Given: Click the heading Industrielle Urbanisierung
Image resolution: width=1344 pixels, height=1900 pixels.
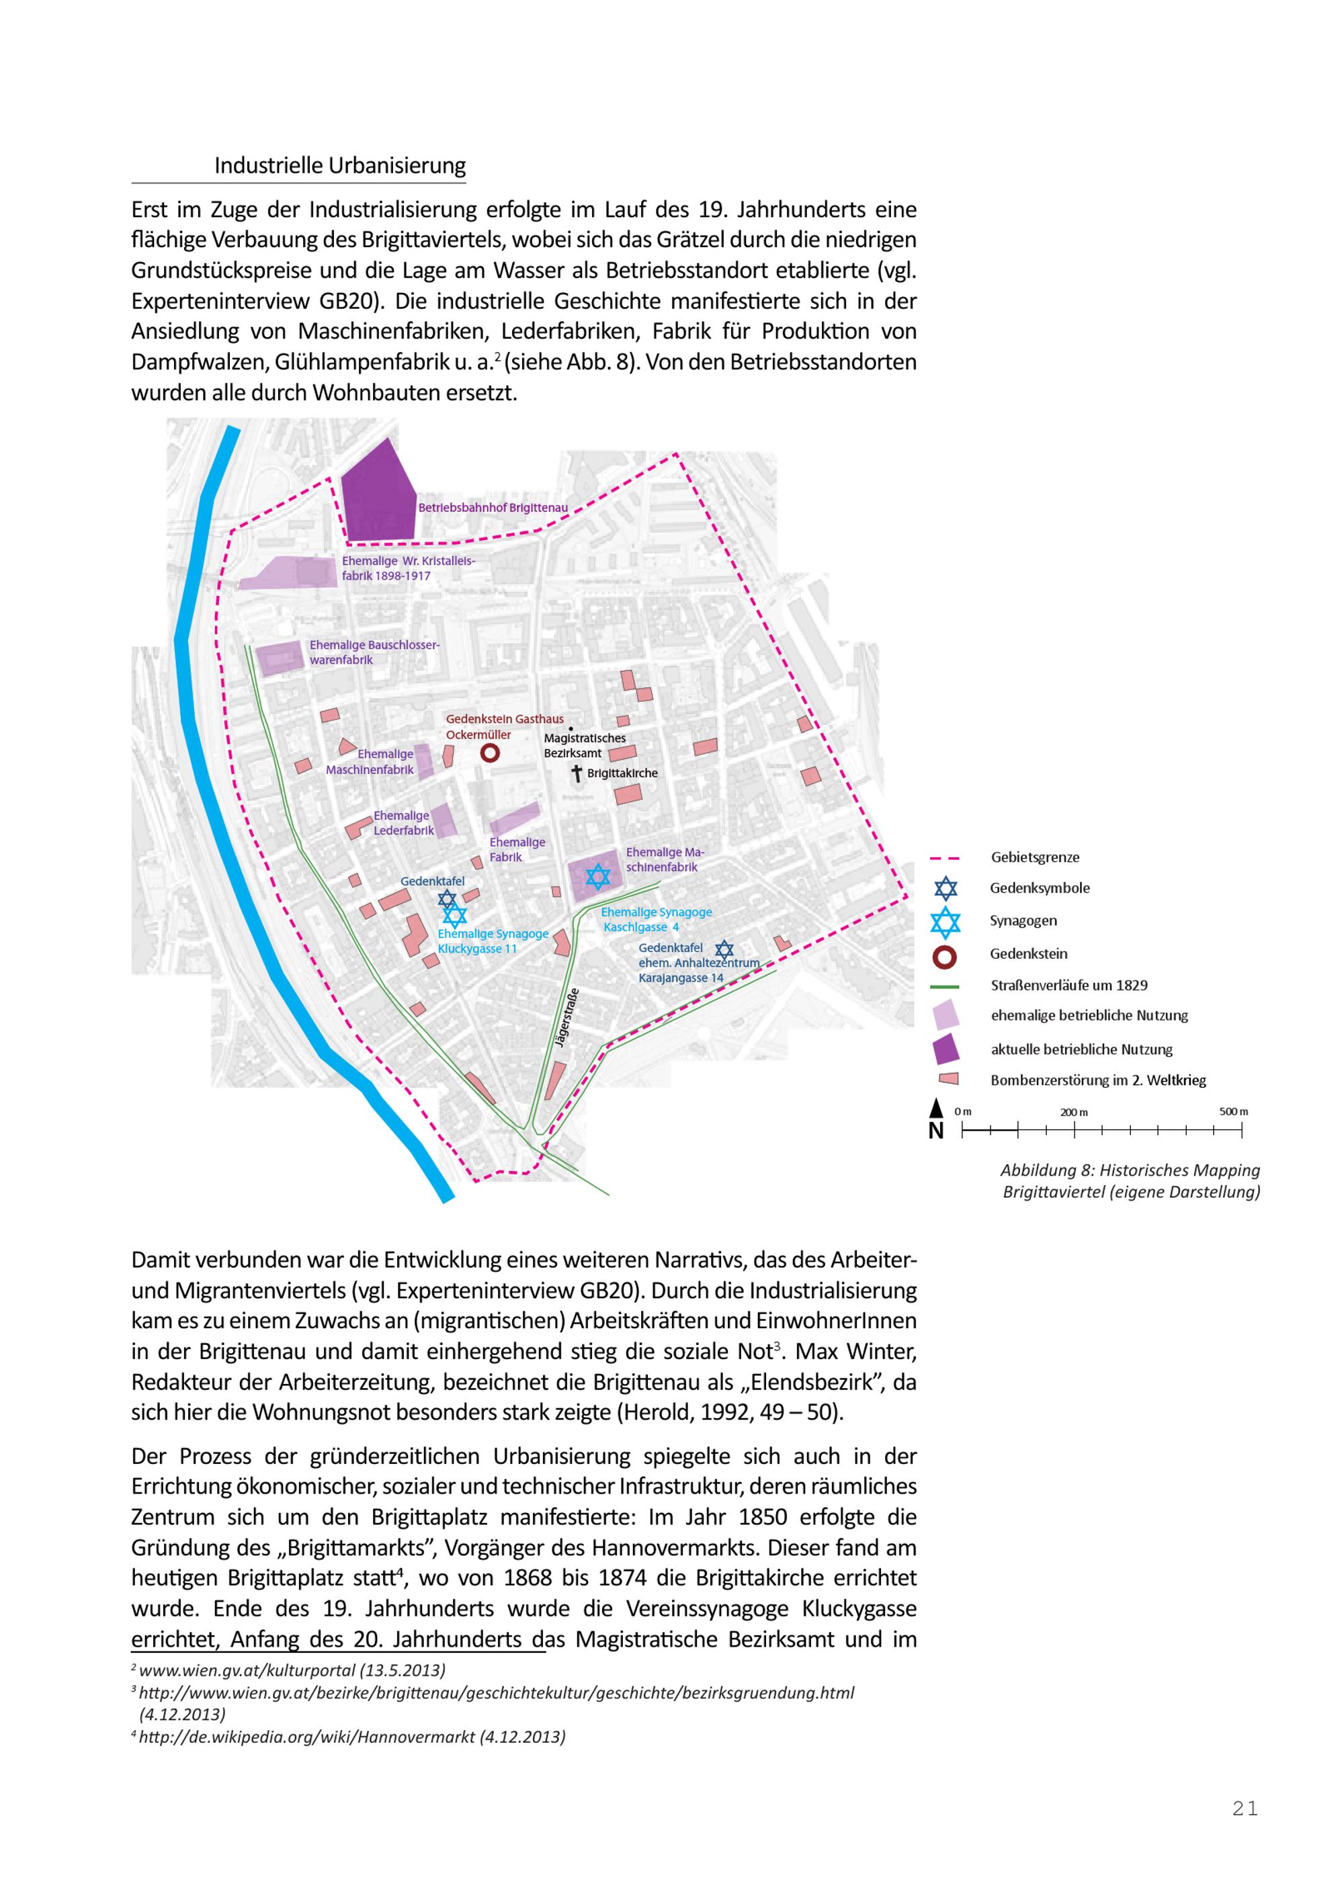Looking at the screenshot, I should [x=339, y=165].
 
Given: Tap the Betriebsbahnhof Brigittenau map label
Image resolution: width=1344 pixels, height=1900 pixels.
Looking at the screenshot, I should [x=493, y=507].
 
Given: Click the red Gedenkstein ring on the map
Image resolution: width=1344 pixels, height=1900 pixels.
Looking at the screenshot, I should [x=489, y=753].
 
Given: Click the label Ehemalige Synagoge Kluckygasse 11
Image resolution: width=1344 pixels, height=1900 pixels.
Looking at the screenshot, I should [x=493, y=941].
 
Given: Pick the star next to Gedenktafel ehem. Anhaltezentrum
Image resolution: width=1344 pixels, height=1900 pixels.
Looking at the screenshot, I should [x=724, y=950].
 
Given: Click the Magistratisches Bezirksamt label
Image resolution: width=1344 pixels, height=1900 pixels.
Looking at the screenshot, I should [x=584, y=746].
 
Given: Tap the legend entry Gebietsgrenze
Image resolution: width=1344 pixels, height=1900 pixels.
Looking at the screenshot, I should [x=1034, y=857].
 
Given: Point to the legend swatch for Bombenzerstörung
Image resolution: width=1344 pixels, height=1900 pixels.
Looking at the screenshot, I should [x=947, y=1079].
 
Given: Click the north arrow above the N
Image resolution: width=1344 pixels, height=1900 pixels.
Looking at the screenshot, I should [x=936, y=1108].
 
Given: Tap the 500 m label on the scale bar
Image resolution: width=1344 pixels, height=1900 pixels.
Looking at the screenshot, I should [x=1232, y=1111].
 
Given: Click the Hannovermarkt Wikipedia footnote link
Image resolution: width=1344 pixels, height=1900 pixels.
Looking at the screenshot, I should [x=351, y=1737].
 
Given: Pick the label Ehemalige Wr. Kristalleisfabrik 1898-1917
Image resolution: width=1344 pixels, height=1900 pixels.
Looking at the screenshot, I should [x=408, y=568].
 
